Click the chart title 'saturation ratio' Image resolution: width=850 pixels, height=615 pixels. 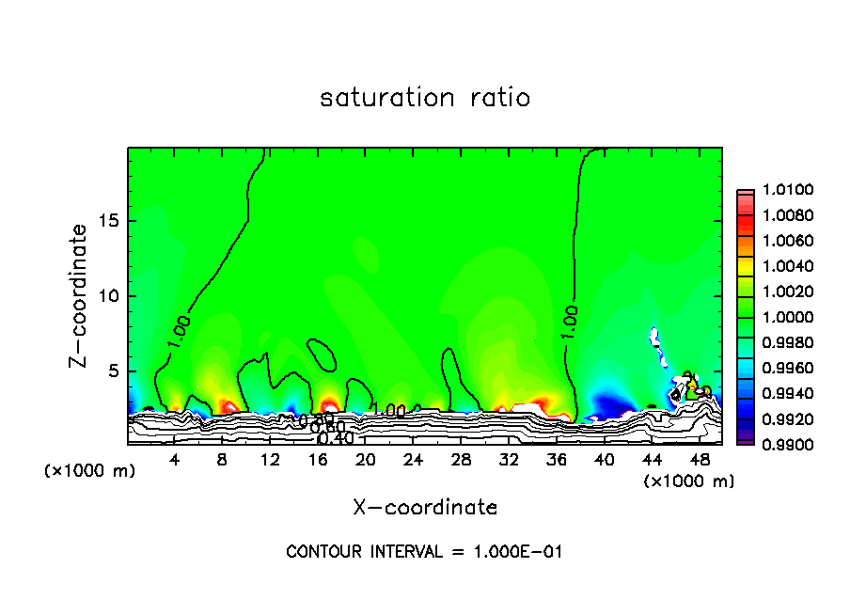point(425,98)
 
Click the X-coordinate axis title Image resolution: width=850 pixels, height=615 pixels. point(425,507)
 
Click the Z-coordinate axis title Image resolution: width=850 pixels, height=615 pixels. point(80,295)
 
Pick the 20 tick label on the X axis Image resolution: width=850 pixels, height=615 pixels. point(366,460)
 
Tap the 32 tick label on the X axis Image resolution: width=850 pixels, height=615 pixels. point(509,460)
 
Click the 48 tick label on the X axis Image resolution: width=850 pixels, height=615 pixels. point(700,460)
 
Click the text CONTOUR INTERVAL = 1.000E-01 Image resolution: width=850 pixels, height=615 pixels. point(424,552)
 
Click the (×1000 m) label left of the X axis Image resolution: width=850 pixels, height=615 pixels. point(90,471)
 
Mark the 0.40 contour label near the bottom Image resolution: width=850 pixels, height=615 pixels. point(335,438)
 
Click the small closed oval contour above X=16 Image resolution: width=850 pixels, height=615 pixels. point(323,355)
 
